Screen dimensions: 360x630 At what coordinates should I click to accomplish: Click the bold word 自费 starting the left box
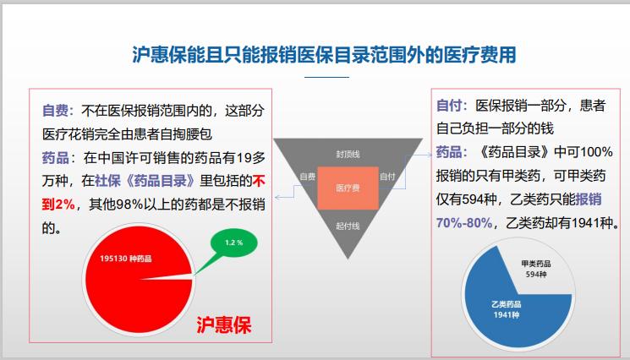click(56, 110)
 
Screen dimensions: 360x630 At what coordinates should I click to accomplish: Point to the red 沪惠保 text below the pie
click(223, 325)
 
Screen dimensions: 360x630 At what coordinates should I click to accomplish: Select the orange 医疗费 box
click(348, 188)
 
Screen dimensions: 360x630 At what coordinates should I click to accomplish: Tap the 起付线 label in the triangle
click(348, 226)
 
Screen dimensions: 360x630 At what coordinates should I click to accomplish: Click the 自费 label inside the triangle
click(307, 177)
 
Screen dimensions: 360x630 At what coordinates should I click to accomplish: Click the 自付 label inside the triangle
click(386, 177)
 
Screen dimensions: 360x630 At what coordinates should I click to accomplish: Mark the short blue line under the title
click(326, 78)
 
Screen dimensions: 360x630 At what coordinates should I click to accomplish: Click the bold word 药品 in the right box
click(450, 153)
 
